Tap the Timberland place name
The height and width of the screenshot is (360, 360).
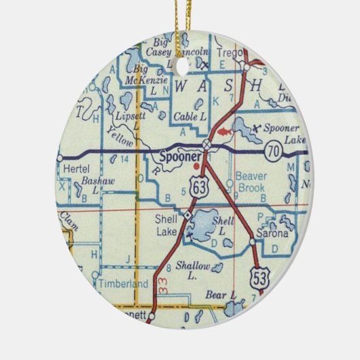tap(122, 285)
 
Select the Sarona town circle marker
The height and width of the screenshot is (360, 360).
tap(252, 240)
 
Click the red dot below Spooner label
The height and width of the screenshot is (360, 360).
tap(197, 164)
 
